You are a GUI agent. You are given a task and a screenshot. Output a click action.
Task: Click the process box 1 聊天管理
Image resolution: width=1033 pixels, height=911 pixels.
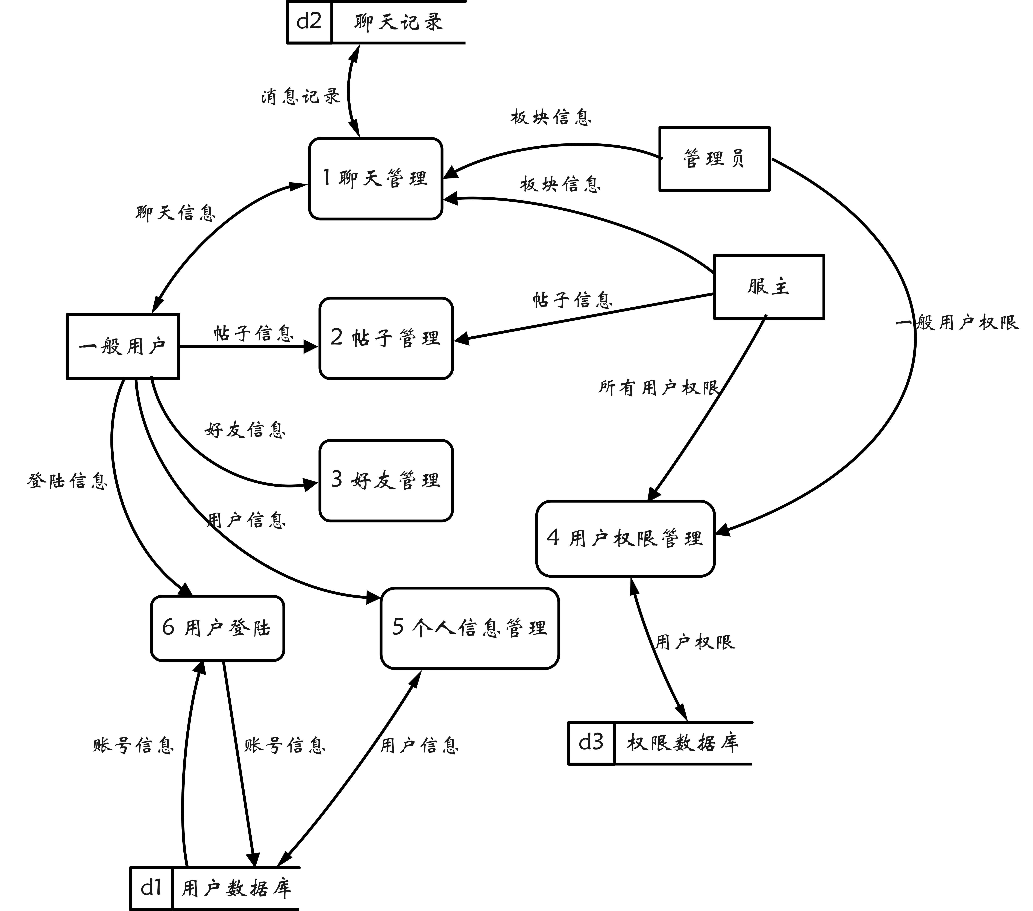tap(375, 178)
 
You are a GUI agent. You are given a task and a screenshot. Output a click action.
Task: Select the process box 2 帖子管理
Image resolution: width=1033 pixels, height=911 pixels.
tap(386, 338)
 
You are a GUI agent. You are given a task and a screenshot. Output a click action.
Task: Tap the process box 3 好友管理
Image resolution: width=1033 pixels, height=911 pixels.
tap(386, 480)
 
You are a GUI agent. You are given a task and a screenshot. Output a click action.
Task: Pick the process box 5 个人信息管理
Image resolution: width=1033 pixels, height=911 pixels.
tap(469, 628)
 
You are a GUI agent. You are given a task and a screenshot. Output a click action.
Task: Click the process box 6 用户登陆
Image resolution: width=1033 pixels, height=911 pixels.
tap(217, 628)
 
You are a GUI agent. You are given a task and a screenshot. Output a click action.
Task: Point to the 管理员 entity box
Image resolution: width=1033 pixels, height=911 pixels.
tap(714, 159)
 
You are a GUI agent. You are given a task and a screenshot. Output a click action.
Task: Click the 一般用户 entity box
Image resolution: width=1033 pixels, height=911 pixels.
tap(123, 346)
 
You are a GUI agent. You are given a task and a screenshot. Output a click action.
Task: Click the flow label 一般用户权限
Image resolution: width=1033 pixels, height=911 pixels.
tap(957, 322)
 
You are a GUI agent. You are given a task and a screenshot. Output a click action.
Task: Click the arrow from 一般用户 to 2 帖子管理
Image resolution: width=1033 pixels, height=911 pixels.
tap(248, 347)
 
